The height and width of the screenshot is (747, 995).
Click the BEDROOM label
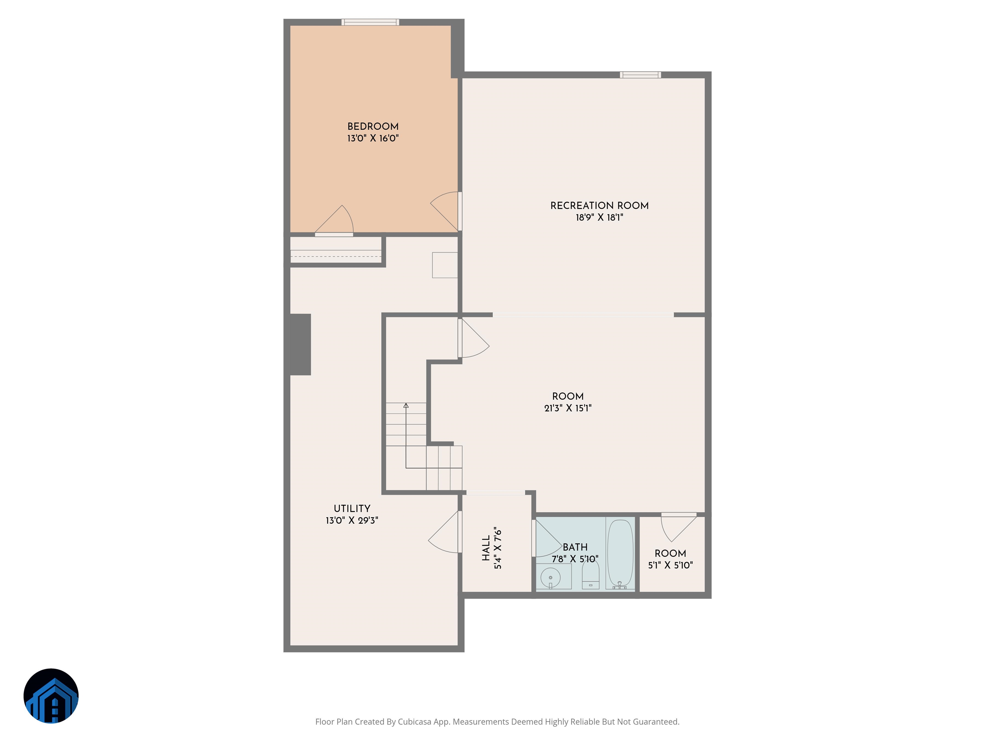tap(373, 126)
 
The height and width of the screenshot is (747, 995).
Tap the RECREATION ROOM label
tap(600, 206)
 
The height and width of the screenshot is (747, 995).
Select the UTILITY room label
tap(352, 508)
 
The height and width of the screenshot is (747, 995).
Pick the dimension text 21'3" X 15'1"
tap(568, 409)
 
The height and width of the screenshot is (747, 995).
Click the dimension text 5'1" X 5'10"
tap(670, 565)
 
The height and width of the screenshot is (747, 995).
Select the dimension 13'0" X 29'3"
tap(352, 520)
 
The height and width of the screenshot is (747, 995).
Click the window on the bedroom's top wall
tap(370, 22)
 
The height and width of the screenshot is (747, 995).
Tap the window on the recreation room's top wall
tap(641, 75)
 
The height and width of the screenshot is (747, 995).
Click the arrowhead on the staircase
tap(406, 405)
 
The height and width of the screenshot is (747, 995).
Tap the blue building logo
tap(51, 696)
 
